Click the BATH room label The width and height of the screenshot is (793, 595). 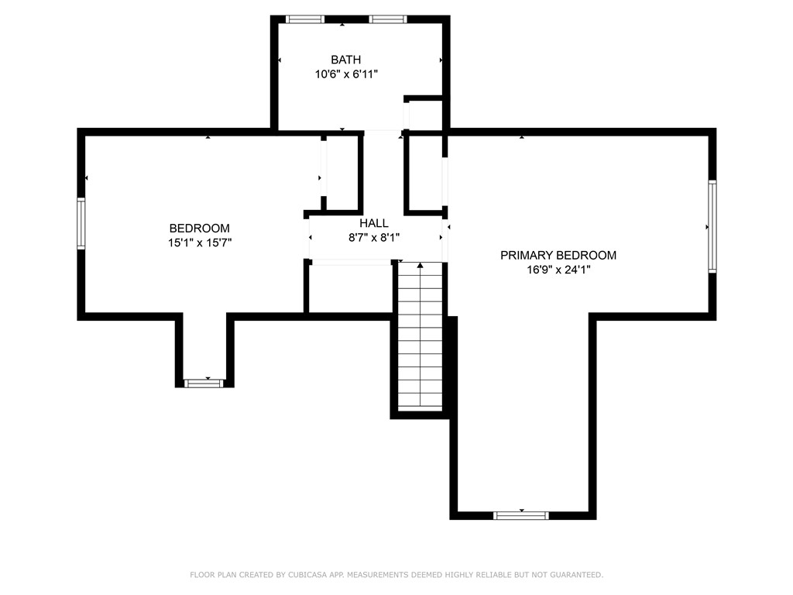coord(345,60)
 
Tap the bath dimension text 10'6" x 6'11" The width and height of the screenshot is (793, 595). coord(345,74)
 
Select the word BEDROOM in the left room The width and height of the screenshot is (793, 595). coord(199,229)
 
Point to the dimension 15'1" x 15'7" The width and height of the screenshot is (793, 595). coord(199,242)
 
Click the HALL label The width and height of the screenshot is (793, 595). coord(373,223)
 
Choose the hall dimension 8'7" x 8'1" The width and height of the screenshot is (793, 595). coord(373,238)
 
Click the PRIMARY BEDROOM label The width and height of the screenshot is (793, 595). coord(558,255)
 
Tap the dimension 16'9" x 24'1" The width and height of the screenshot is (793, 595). coord(558,270)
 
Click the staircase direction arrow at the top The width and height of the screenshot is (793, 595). coord(421,266)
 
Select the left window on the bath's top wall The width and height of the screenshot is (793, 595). coord(305,19)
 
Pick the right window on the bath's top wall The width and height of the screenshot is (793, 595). coord(388,19)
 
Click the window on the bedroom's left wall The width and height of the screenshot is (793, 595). coord(81,224)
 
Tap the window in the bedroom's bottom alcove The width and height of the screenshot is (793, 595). coord(204,383)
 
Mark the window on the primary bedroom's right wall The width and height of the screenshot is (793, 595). coord(712,226)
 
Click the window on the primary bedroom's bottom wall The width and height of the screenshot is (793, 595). coord(521,515)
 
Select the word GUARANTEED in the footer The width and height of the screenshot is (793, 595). coord(575,575)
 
